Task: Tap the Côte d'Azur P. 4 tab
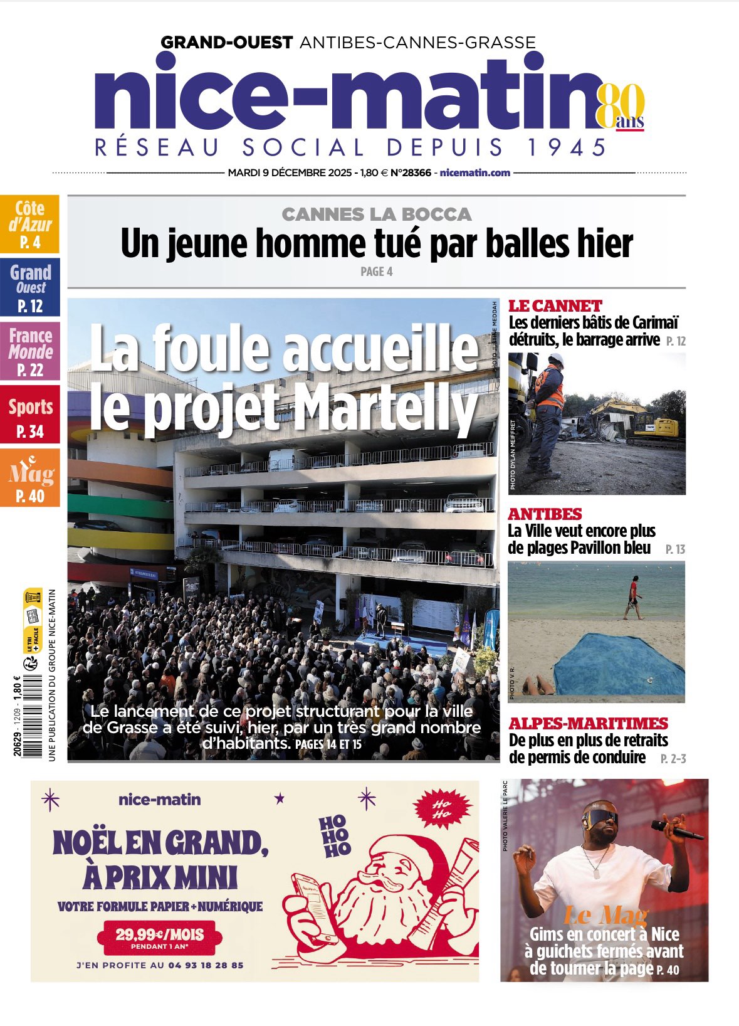coord(30,224)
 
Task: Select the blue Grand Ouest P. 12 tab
coord(30,287)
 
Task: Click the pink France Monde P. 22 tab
coord(30,351)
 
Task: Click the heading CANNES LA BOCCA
coord(376,214)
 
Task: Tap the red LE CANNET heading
coord(555,306)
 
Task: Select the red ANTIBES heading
coord(545,514)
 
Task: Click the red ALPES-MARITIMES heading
coord(588,723)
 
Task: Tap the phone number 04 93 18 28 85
coord(206,965)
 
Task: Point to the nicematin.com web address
coord(475,172)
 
